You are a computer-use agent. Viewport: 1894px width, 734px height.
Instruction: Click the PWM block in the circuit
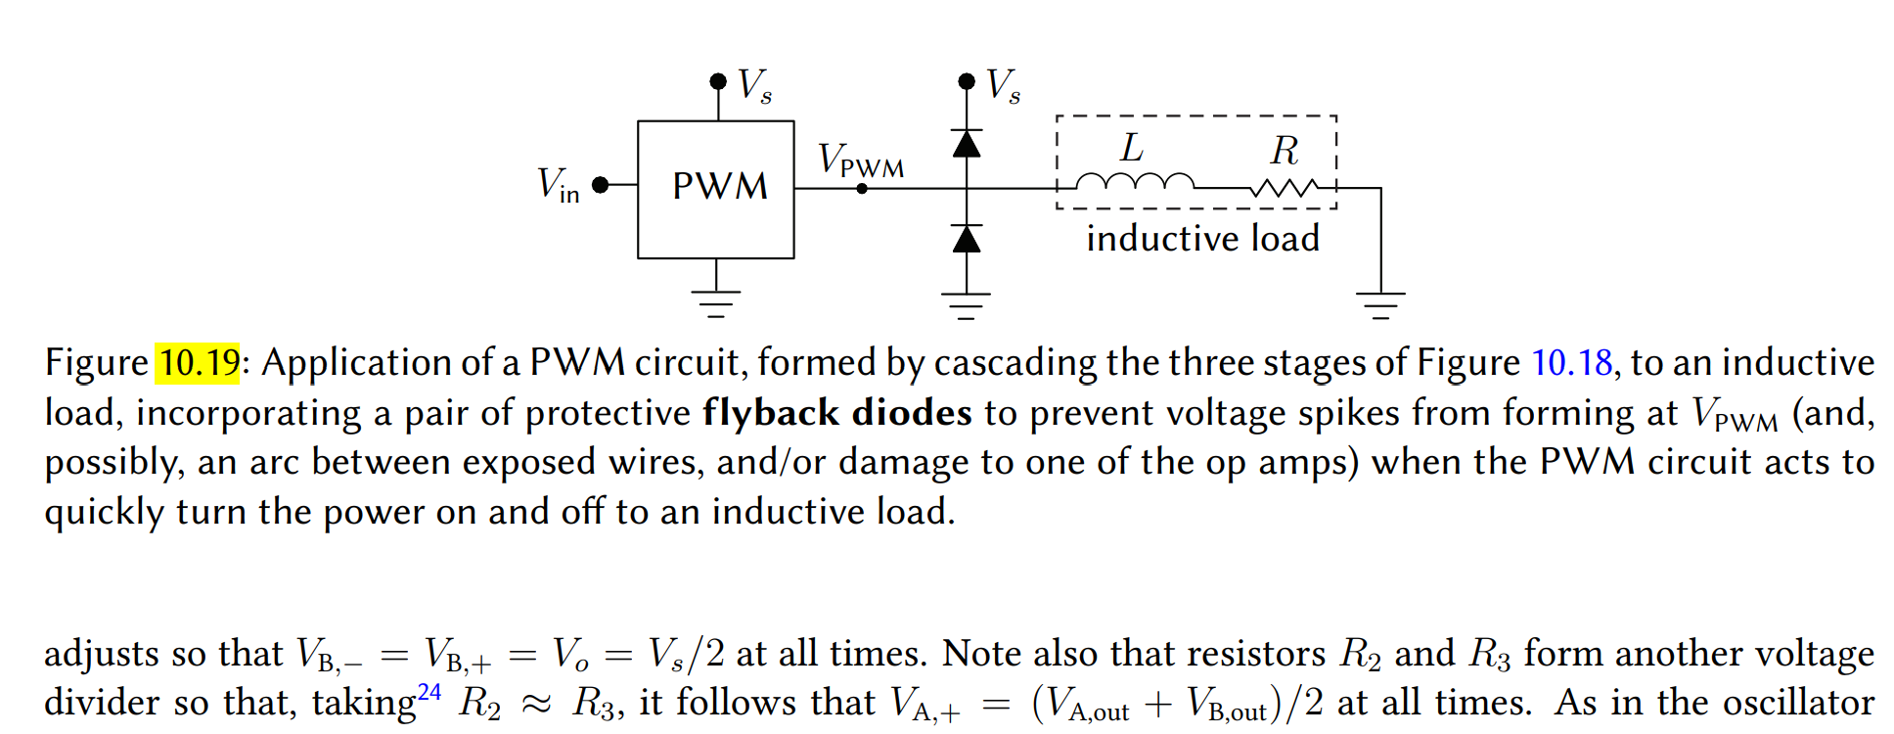(x=715, y=189)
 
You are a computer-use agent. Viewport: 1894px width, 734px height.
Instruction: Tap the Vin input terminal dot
(x=601, y=185)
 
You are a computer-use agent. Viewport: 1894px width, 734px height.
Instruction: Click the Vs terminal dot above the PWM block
(x=718, y=81)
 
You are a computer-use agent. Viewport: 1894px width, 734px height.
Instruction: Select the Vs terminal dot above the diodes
(x=967, y=81)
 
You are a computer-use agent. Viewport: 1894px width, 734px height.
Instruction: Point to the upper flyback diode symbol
(x=967, y=144)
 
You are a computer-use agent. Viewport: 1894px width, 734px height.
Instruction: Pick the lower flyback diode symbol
(x=967, y=239)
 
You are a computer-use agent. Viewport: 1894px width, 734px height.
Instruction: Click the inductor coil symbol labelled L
(x=1135, y=181)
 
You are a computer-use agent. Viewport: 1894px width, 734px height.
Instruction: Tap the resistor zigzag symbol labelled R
(x=1284, y=186)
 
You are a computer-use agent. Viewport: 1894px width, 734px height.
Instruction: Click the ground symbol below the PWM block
(x=716, y=303)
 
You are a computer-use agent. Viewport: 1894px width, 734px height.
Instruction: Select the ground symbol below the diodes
(x=967, y=305)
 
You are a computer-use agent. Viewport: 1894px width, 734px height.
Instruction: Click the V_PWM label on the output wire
(x=860, y=161)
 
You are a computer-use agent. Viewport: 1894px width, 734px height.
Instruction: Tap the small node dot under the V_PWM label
(x=862, y=189)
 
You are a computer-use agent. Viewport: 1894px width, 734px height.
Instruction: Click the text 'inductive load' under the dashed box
(x=1202, y=238)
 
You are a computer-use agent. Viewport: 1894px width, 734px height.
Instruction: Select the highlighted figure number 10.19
(x=199, y=363)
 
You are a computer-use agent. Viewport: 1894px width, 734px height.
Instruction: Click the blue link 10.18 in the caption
(x=1571, y=363)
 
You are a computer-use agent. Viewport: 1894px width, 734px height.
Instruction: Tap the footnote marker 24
(x=429, y=692)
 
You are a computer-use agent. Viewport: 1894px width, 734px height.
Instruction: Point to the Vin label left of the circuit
(x=558, y=185)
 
